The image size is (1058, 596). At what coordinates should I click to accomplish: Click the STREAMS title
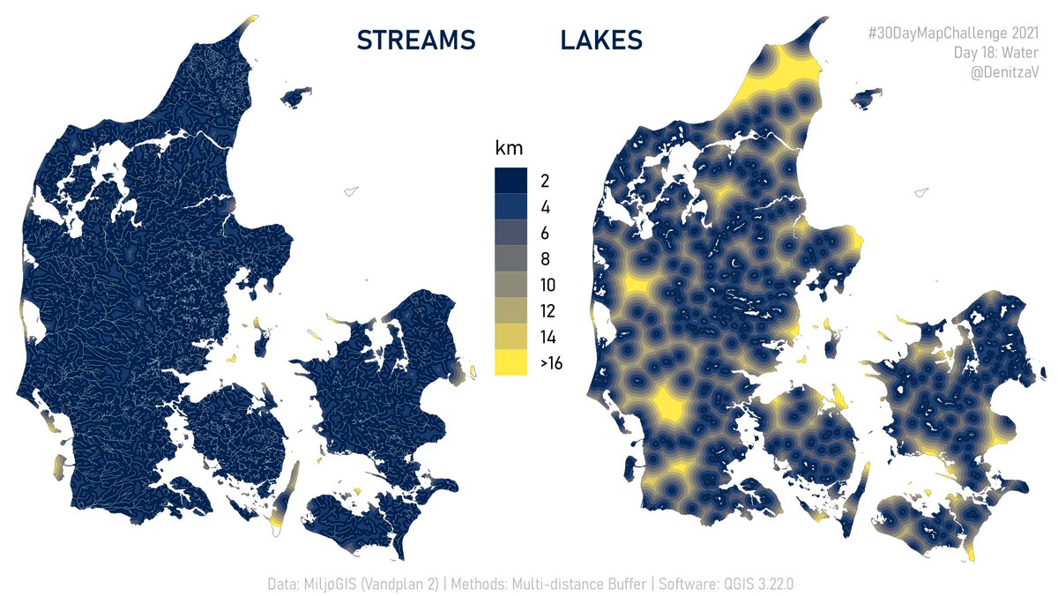pos(416,41)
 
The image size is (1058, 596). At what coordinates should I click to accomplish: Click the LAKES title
pos(600,41)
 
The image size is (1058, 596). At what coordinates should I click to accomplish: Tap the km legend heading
pos(510,148)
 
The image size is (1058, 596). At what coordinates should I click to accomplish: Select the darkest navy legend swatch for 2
pos(510,181)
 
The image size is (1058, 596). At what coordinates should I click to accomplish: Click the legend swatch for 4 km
pos(510,207)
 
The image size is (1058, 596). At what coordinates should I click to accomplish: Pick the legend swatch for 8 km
pos(510,259)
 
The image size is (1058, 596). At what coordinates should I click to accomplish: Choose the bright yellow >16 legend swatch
pos(510,362)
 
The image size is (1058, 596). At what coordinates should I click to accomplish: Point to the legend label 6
pos(545,234)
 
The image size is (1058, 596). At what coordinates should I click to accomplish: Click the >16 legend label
pos(551,363)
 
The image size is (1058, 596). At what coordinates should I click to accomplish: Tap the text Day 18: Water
pos(996,53)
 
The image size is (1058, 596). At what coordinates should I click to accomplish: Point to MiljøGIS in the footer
pos(331,584)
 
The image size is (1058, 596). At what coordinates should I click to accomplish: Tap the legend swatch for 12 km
pos(510,311)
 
